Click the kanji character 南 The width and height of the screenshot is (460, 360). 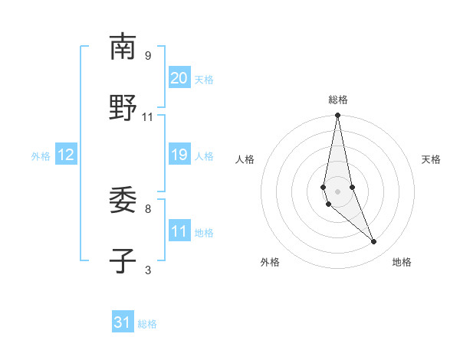coord(123,47)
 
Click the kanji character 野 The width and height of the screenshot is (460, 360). coord(123,108)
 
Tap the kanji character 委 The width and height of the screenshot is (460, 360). coord(123,200)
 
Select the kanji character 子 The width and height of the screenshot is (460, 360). coord(123,261)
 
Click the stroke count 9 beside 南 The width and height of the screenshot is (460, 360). coord(148,55)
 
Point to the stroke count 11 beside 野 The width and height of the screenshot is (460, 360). coord(148,116)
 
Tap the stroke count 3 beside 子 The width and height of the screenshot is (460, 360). coord(148,270)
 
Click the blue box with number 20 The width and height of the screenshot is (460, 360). coord(179,78)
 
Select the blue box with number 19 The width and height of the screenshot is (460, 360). coord(179,155)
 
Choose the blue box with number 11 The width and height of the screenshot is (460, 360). coord(179,231)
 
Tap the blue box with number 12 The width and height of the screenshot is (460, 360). coord(66,155)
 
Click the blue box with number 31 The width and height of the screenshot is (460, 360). coord(123,323)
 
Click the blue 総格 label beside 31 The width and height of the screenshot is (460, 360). coord(147,324)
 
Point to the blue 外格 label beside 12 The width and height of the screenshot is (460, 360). coord(41,155)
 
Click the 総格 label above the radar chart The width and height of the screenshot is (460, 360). coord(337,100)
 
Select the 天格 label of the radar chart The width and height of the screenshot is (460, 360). coord(431,159)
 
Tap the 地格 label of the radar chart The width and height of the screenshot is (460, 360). coord(402,262)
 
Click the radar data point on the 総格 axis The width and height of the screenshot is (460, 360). coord(337,116)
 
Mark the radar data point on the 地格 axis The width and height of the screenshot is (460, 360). coord(374,242)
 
